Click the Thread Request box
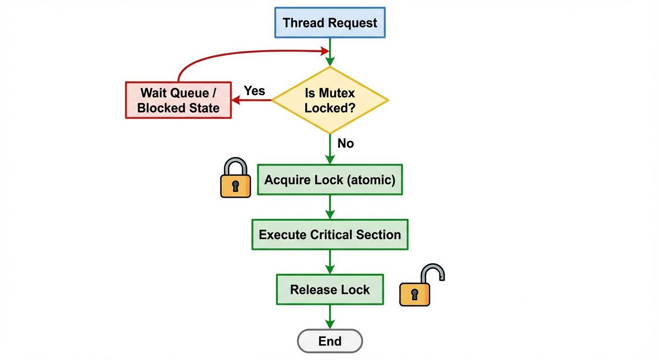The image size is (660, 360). click(x=330, y=22)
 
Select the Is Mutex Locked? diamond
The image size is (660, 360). click(x=330, y=100)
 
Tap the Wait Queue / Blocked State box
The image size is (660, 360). click(x=179, y=100)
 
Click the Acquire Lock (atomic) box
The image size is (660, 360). click(x=330, y=180)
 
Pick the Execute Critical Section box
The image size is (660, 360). click(x=330, y=234)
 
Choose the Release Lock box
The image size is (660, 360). click(x=330, y=290)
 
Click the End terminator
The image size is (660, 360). click(x=330, y=341)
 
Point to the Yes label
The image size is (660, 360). click(x=254, y=90)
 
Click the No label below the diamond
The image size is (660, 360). click(x=345, y=143)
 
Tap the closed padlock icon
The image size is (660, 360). click(x=235, y=179)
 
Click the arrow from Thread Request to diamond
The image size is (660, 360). click(x=330, y=52)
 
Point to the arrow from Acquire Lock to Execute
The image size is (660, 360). click(x=330, y=207)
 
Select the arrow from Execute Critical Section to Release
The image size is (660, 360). click(x=330, y=262)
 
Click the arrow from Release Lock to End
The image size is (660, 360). click(x=330, y=317)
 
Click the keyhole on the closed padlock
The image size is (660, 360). click(x=235, y=186)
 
